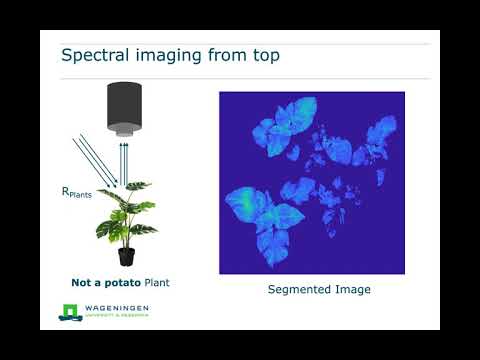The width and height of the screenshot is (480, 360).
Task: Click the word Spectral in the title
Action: click(94, 55)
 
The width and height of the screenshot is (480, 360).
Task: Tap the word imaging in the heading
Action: click(176, 55)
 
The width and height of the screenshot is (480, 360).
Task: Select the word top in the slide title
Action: click(263, 55)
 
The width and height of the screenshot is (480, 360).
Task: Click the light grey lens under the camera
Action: click(125, 130)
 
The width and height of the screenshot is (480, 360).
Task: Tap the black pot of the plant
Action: click(126, 257)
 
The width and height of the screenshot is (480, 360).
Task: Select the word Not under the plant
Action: click(83, 282)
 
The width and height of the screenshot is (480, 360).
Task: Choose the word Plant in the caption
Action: click(157, 282)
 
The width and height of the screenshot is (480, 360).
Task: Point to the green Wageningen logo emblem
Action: click(68, 312)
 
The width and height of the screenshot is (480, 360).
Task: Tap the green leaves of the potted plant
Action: click(127, 214)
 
